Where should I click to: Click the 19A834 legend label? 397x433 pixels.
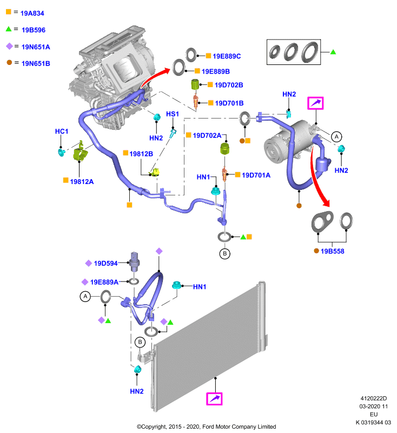coord(32,13)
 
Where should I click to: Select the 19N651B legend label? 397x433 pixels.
coord(36,63)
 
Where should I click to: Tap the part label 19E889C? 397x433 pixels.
coord(227,56)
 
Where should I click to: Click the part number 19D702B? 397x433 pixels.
coord(229,85)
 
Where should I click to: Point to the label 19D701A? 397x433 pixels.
coord(256,175)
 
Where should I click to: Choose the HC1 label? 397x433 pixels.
coord(62,132)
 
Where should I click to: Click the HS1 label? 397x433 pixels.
coord(173,114)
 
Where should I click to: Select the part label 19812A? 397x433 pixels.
coord(82,182)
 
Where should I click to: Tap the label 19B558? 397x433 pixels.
coord(333,251)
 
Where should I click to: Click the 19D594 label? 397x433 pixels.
coord(105,264)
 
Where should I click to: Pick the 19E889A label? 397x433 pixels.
coord(104,282)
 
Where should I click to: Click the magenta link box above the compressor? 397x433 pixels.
coord(315,103)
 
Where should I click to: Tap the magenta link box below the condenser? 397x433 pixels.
coord(214,399)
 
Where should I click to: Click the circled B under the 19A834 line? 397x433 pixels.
coord(225,253)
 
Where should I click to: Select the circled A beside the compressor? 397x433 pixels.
coord(336,136)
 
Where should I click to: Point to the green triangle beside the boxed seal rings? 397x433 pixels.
coord(333,52)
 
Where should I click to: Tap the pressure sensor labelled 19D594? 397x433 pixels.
coord(134,261)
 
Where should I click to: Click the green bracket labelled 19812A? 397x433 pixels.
coord(80,152)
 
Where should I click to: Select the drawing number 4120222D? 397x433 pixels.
coord(374,398)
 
